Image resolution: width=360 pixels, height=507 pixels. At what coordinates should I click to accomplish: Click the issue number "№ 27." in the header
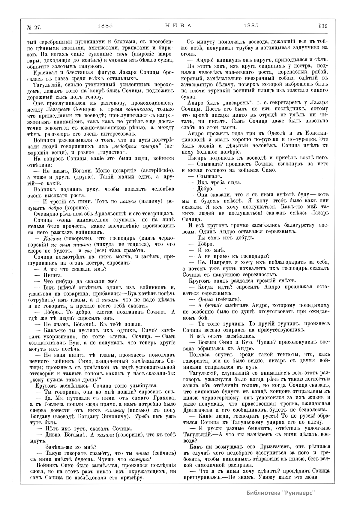[34, 27]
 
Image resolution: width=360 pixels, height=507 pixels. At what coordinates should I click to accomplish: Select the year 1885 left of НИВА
[105, 26]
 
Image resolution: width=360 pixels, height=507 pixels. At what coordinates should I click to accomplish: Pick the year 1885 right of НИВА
[251, 26]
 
